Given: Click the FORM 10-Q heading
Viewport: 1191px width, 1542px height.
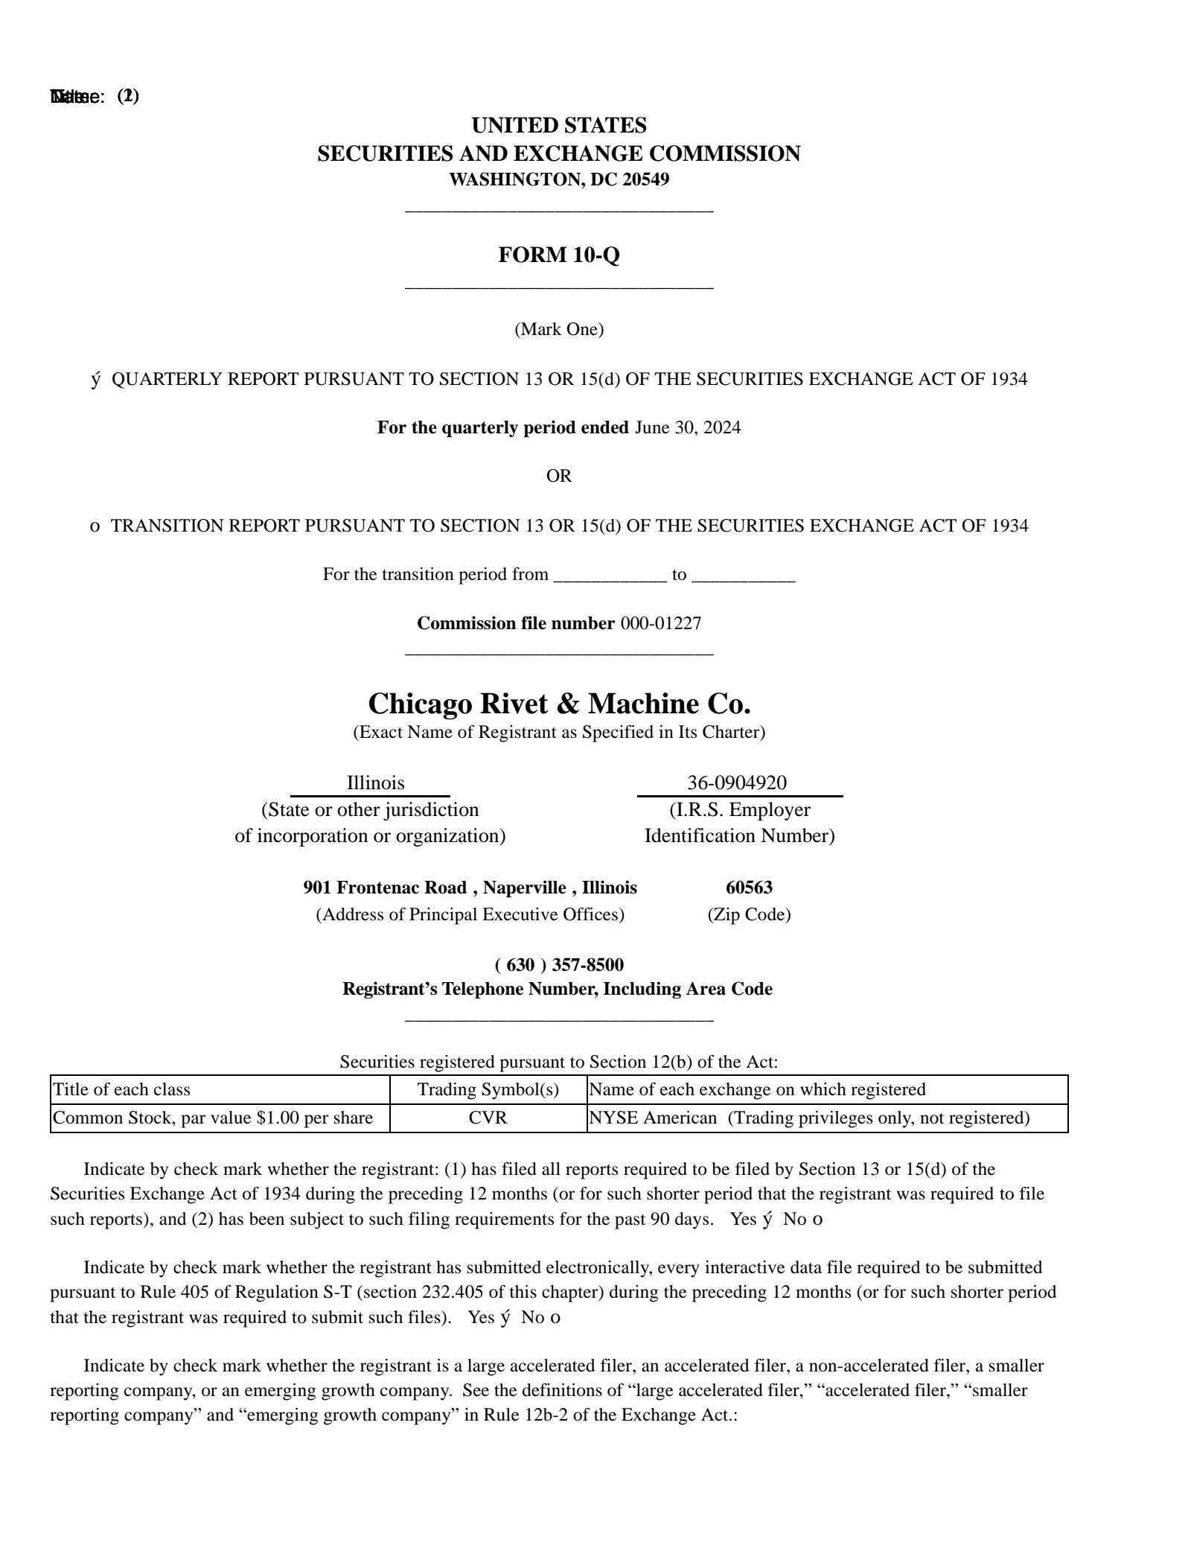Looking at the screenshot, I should tap(558, 255).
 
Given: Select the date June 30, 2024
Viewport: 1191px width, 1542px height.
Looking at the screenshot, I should tap(687, 427).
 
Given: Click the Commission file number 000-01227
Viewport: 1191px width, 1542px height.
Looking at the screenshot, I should tap(660, 623).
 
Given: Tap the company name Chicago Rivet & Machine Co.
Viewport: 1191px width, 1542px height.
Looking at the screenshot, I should tap(559, 704).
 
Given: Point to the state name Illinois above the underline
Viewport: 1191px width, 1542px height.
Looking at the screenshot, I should tap(375, 783).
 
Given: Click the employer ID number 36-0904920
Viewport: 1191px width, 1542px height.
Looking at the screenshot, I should tap(736, 783).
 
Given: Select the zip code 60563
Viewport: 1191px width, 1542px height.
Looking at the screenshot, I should tap(749, 887).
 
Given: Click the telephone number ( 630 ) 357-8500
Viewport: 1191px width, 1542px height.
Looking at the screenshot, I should tap(559, 965).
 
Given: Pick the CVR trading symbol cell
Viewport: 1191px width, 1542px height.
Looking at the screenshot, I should tap(488, 1118).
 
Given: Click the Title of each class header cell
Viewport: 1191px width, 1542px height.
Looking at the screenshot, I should tap(220, 1089).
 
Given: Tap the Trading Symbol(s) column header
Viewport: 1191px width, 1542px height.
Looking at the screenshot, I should tap(488, 1089).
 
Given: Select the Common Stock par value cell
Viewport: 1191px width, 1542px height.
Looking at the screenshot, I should tap(220, 1118).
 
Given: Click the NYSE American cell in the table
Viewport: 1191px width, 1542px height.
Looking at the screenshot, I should tap(826, 1118).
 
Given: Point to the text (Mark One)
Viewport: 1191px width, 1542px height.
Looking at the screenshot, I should tap(559, 329).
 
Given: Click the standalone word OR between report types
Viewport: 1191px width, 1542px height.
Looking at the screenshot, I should tap(559, 476).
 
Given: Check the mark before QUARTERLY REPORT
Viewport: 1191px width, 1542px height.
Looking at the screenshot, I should tap(95, 380).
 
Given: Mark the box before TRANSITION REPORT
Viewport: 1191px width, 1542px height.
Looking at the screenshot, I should tap(95, 526).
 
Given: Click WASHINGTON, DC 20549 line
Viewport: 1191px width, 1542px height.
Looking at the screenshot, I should tap(559, 179).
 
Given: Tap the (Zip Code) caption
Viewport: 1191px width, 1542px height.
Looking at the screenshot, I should tap(749, 914).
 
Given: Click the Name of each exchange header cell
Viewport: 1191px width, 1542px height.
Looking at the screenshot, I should tap(826, 1089).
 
